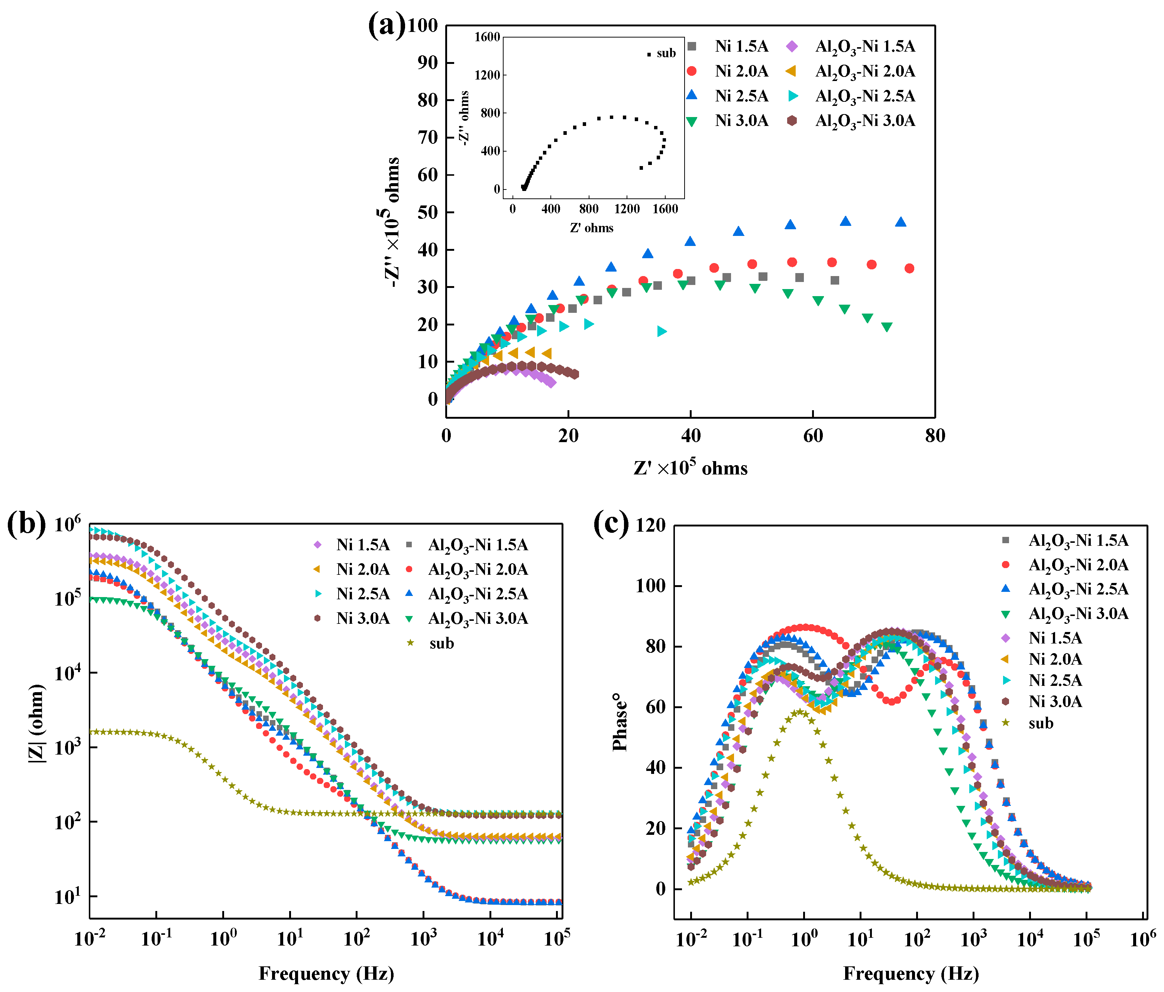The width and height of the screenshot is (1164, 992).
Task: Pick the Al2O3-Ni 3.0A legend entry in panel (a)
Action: coord(864,121)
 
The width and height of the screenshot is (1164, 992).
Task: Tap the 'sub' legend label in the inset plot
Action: coord(666,54)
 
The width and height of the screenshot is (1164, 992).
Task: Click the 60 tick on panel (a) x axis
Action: coord(813,435)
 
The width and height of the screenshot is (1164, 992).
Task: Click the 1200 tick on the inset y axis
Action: coord(487,75)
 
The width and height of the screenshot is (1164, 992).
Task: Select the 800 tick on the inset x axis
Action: coord(588,209)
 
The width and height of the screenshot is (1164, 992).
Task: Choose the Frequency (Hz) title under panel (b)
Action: coord(326,973)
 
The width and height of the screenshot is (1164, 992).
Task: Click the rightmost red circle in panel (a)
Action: coord(909,269)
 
